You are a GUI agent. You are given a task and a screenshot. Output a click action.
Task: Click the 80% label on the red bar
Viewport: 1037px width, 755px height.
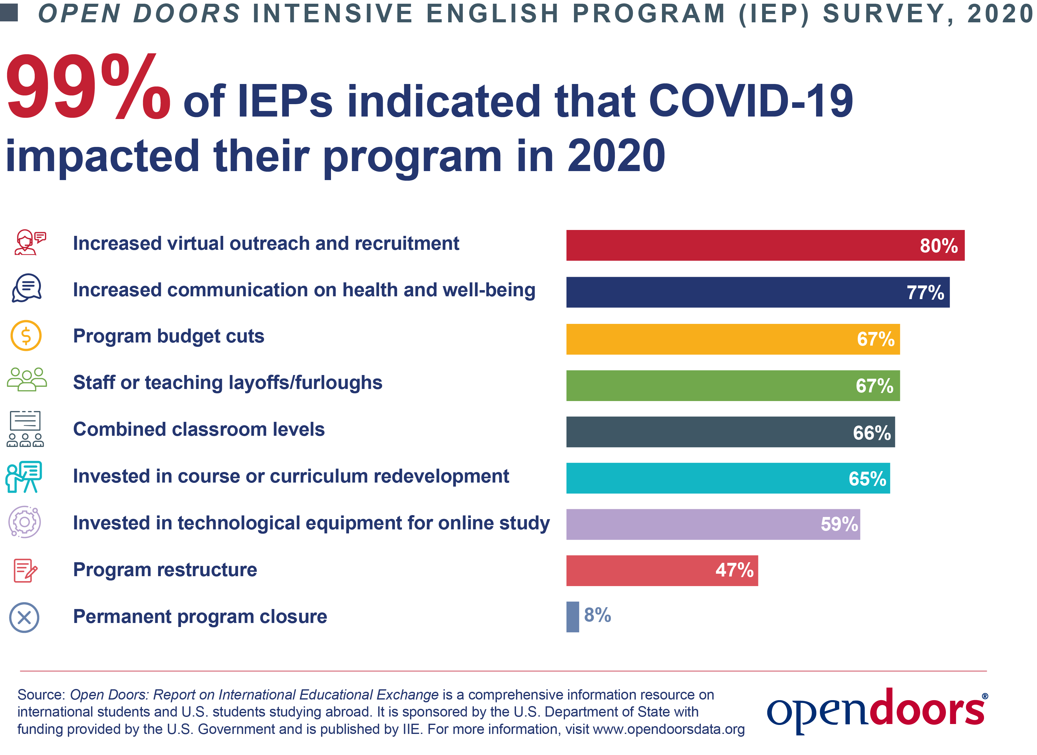pyautogui.click(x=939, y=246)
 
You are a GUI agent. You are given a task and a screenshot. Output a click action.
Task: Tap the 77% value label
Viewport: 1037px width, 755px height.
pyautogui.click(x=925, y=293)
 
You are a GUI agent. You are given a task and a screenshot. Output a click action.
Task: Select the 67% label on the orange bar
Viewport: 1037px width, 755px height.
pyautogui.click(x=876, y=339)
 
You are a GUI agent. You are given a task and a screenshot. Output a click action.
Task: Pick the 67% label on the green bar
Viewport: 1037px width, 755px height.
pyautogui.click(x=874, y=386)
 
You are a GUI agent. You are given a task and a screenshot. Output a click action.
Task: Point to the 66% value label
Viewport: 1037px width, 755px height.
pyautogui.click(x=872, y=433)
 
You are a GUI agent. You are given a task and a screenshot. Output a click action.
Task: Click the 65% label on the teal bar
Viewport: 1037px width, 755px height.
pyautogui.click(x=867, y=479)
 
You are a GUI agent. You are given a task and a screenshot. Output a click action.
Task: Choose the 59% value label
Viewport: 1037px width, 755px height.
pyautogui.click(x=840, y=524)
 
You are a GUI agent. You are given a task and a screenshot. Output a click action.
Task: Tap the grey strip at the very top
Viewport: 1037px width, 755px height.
pyautogui.click(x=518, y=15)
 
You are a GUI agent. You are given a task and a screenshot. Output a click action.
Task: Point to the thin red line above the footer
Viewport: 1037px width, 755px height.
pyautogui.click(x=518, y=671)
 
